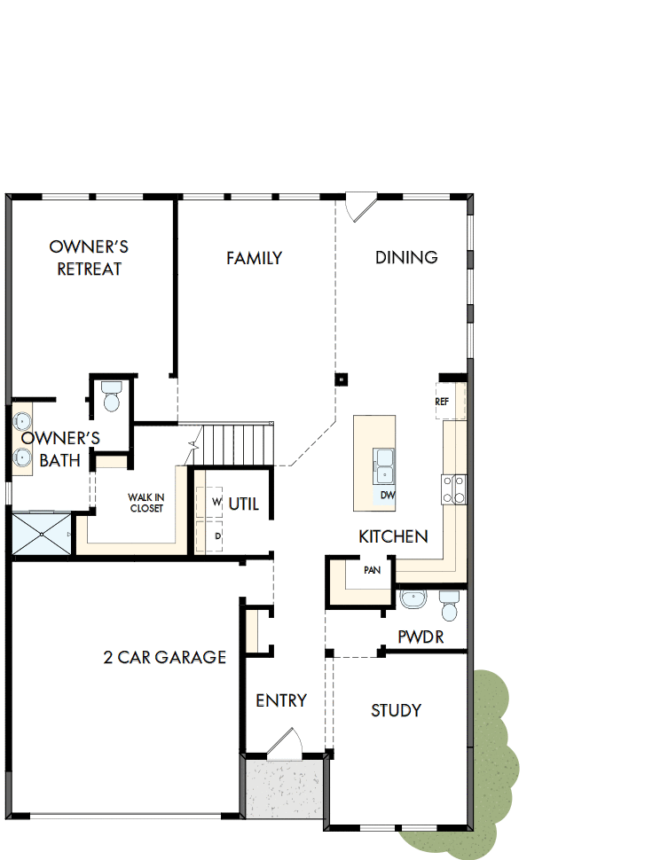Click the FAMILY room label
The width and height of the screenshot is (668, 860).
pyautogui.click(x=254, y=258)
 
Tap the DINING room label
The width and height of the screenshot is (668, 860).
pyautogui.click(x=406, y=257)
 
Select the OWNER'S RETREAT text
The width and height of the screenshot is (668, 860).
pyautogui.click(x=89, y=257)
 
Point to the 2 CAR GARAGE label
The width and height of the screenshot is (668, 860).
pyautogui.click(x=165, y=657)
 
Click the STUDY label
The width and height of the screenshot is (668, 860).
pyautogui.click(x=396, y=710)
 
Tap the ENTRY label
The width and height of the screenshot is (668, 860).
pyautogui.click(x=281, y=700)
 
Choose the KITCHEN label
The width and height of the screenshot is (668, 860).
pyautogui.click(x=393, y=536)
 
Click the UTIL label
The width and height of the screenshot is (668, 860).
pyautogui.click(x=244, y=504)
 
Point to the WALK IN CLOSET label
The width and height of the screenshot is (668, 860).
pyautogui.click(x=146, y=503)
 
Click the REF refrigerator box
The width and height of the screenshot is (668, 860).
pyautogui.click(x=443, y=402)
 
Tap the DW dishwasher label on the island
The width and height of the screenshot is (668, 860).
pyautogui.click(x=388, y=495)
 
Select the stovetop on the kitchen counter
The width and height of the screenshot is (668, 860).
pyautogui.click(x=454, y=489)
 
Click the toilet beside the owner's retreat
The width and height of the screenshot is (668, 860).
pyautogui.click(x=112, y=396)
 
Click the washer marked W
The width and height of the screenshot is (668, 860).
pyautogui.click(x=216, y=502)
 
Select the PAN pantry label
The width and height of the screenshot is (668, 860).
pyautogui.click(x=373, y=570)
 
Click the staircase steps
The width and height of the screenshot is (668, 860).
pyautogui.click(x=233, y=442)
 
